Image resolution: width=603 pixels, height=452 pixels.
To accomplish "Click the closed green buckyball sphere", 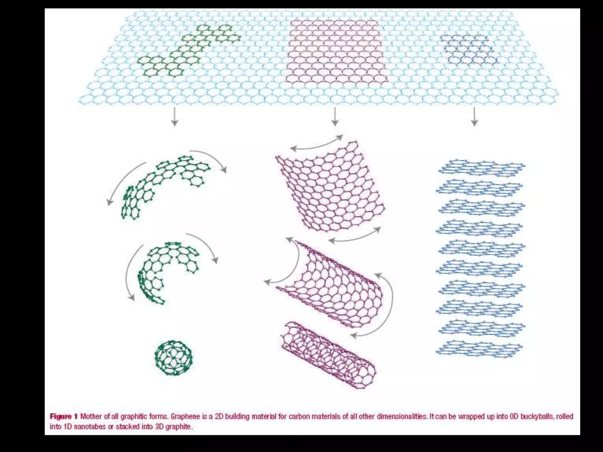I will (x=174, y=358).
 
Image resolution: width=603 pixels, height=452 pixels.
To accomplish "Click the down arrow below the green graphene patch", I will (x=175, y=117).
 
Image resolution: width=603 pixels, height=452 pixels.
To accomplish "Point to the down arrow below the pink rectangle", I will (x=335, y=117).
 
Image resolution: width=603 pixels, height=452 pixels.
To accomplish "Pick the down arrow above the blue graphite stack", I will (x=474, y=117).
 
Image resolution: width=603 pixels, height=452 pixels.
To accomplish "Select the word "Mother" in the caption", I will (x=90, y=416).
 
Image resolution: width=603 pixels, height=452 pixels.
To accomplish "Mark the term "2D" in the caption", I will (x=219, y=416).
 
